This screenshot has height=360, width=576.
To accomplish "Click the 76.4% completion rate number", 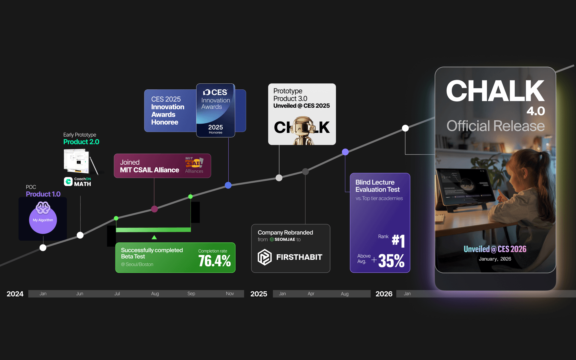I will pyautogui.click(x=214, y=261).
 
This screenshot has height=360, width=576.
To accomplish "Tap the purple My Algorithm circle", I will pyautogui.click(x=43, y=220).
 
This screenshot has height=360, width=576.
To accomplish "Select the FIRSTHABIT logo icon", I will pyautogui.click(x=265, y=257).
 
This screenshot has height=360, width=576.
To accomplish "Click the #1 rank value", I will pyautogui.click(x=398, y=241).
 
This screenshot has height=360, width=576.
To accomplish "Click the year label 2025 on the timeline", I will pyautogui.click(x=259, y=294).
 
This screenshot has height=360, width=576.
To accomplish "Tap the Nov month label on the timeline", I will pyautogui.click(x=230, y=294).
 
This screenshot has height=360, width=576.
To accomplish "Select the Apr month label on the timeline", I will pyautogui.click(x=311, y=294).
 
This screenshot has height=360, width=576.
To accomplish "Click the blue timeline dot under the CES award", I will pyautogui.click(x=228, y=185).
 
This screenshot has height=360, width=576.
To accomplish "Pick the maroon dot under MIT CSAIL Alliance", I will pyautogui.click(x=154, y=209).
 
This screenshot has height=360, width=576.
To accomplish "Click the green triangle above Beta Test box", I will pyautogui.click(x=154, y=237).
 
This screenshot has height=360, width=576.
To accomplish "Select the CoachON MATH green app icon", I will pyautogui.click(x=68, y=181).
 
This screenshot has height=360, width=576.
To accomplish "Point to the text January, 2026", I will pyautogui.click(x=495, y=259).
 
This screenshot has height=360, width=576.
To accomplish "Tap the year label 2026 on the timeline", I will pyautogui.click(x=384, y=294).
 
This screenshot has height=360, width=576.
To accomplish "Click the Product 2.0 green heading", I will pyautogui.click(x=81, y=142).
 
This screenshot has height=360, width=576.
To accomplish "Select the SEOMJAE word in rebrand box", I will pyautogui.click(x=285, y=239).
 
